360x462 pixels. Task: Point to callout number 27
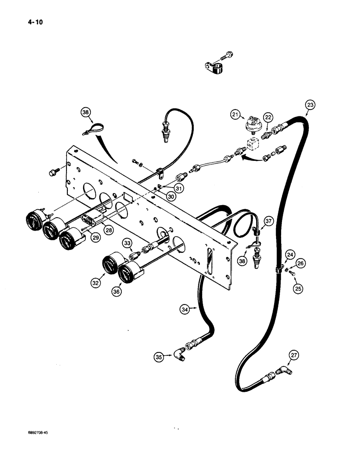coord(294,355)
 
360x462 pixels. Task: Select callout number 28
coord(108,230)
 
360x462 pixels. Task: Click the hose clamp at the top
coord(214,70)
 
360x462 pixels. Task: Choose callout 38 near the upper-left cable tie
coord(85,111)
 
